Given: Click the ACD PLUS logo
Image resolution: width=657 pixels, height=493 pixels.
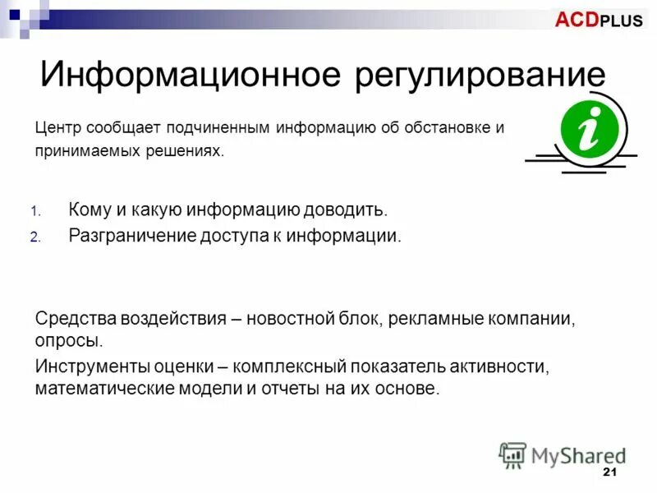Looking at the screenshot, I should pos(599,21).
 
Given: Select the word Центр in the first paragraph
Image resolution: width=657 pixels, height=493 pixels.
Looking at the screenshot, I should pos(57,128).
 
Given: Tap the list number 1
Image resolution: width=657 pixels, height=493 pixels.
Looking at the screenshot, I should pos(35,211).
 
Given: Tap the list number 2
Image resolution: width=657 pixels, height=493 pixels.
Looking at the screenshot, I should pos(35,237).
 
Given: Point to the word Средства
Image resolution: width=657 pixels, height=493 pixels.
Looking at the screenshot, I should pos(76,319).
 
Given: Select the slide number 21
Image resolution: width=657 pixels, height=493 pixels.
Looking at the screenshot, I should pos(609,472).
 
